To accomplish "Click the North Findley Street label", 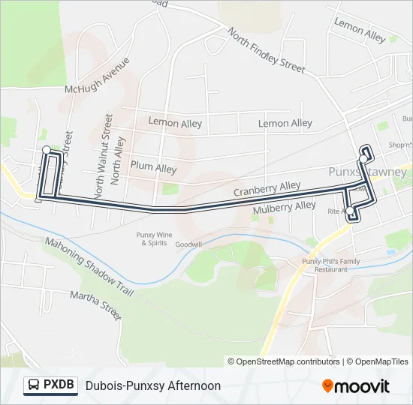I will click(x=267, y=50).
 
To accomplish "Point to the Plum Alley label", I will click(x=153, y=169).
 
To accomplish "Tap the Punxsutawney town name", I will click(x=368, y=172).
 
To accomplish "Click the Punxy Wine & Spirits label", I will click(x=152, y=239).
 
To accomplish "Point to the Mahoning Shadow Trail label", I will click(x=89, y=266).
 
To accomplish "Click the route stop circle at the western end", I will click(x=47, y=150).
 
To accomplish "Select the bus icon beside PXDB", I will click(x=34, y=385).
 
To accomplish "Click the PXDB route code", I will click(x=59, y=385).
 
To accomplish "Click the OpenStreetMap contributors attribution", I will click(x=284, y=361).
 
